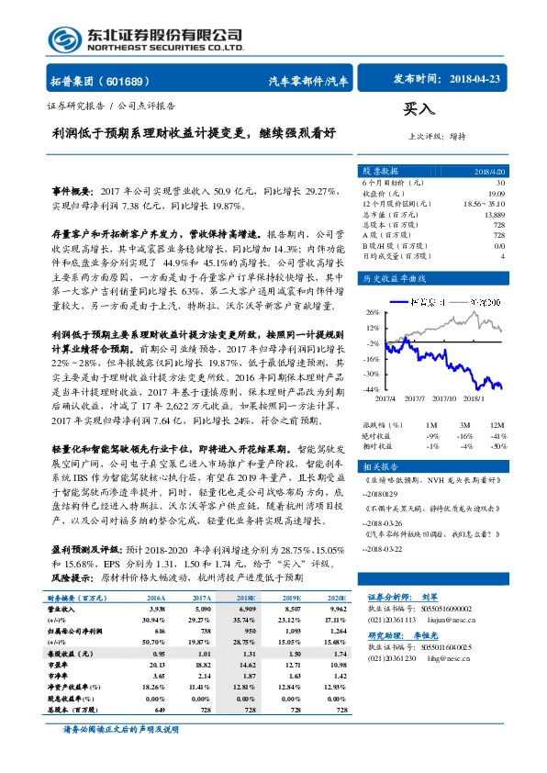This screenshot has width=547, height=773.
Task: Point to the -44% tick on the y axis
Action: click(x=372, y=389)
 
